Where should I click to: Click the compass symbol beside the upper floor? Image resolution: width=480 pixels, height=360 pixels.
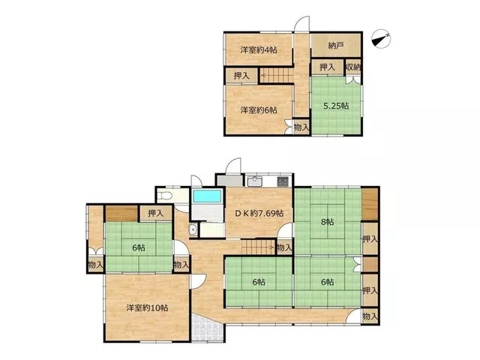tap(381, 39)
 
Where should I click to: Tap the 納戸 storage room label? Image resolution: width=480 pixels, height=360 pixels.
tap(335, 46)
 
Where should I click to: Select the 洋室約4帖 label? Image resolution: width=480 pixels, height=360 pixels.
tap(259, 50)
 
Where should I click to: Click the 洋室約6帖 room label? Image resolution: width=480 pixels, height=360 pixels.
tap(259, 110)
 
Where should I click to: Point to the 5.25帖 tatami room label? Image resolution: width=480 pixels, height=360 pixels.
tap(336, 106)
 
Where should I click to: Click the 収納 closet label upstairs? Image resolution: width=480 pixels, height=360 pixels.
tap(353, 67)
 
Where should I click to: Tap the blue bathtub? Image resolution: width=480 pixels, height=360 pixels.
tap(207, 196)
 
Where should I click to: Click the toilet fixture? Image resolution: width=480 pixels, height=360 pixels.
tap(163, 195)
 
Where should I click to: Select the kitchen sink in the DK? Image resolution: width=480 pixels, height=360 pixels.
tap(255, 181)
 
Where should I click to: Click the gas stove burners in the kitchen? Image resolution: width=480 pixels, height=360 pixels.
tap(283, 181)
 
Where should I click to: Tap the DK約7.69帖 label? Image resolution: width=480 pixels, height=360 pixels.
tap(259, 213)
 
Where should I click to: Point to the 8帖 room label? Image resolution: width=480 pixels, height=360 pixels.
tap(327, 222)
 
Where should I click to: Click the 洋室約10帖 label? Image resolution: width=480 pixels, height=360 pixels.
tap(147, 307)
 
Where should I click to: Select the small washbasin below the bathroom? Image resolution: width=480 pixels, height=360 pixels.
tap(193, 230)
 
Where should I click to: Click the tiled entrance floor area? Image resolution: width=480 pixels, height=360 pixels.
tap(208, 328)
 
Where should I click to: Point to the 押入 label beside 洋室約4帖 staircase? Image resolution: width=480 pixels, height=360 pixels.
tap(241, 76)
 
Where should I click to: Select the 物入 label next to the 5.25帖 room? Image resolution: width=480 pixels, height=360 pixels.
tap(301, 127)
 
